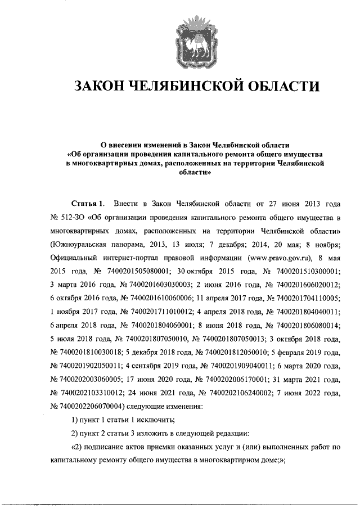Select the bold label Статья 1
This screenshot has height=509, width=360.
[88, 202]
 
